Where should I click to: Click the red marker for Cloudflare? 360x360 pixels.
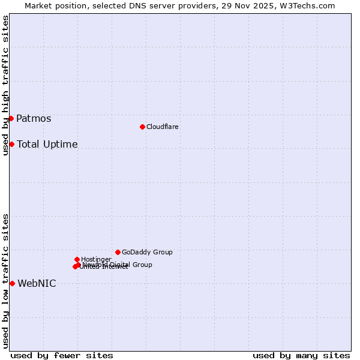click(x=142, y=127)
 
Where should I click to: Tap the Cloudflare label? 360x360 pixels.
click(x=162, y=127)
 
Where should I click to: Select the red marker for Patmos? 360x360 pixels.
click(x=11, y=118)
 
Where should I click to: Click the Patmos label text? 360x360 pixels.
click(x=34, y=118)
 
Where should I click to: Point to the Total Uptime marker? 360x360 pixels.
click(x=11, y=144)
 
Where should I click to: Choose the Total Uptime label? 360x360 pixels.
click(x=47, y=144)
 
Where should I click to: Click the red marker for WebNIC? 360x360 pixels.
click(x=12, y=283)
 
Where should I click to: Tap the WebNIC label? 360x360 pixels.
click(x=37, y=283)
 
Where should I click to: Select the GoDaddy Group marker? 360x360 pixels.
click(x=118, y=252)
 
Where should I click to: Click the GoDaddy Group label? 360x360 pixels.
click(x=147, y=252)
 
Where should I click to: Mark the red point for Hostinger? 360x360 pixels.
click(x=77, y=259)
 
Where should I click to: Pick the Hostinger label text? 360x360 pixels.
click(x=96, y=259)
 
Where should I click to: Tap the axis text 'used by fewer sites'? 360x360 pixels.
click(x=62, y=355)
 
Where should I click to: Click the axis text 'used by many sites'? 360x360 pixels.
click(x=301, y=355)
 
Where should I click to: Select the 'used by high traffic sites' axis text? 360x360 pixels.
click(x=5, y=85)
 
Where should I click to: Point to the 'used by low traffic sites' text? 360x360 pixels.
click(x=5, y=281)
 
